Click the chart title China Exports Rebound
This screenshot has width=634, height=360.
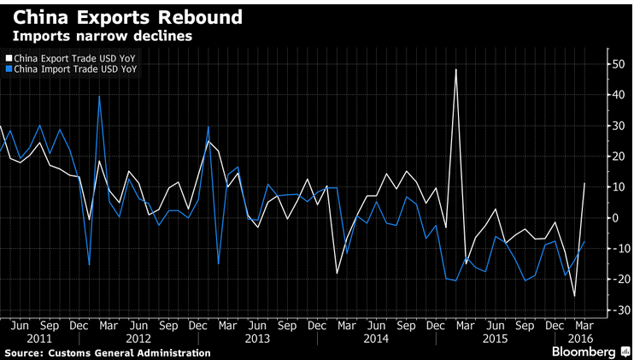pyautogui.click(x=127, y=17)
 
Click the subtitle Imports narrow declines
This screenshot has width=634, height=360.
pyautogui.click(x=103, y=36)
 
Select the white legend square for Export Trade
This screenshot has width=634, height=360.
pyautogui.click(x=9, y=59)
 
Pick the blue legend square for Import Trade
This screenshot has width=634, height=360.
pyautogui.click(x=9, y=69)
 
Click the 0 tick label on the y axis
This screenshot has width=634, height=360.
pyautogui.click(x=615, y=218)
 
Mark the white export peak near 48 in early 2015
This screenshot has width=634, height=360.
pyautogui.click(x=455, y=69)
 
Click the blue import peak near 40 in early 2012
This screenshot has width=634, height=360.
pyautogui.click(x=99, y=97)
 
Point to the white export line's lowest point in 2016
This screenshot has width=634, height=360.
pyautogui.click(x=574, y=296)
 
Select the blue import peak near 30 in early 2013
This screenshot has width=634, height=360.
pyautogui.click(x=208, y=127)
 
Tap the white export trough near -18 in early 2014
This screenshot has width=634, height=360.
pyautogui.click(x=337, y=274)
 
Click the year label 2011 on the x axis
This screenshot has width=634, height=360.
pyautogui.click(x=39, y=339)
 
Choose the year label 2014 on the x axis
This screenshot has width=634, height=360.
pyautogui.click(x=376, y=339)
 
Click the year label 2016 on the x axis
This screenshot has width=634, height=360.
pyautogui.click(x=581, y=339)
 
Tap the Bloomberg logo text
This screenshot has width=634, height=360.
pyautogui.click(x=584, y=351)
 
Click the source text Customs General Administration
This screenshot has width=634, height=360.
pyautogui.click(x=129, y=353)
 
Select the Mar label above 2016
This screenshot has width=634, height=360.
pyautogui.click(x=584, y=326)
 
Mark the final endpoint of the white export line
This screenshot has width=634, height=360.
pyautogui.click(x=584, y=183)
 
